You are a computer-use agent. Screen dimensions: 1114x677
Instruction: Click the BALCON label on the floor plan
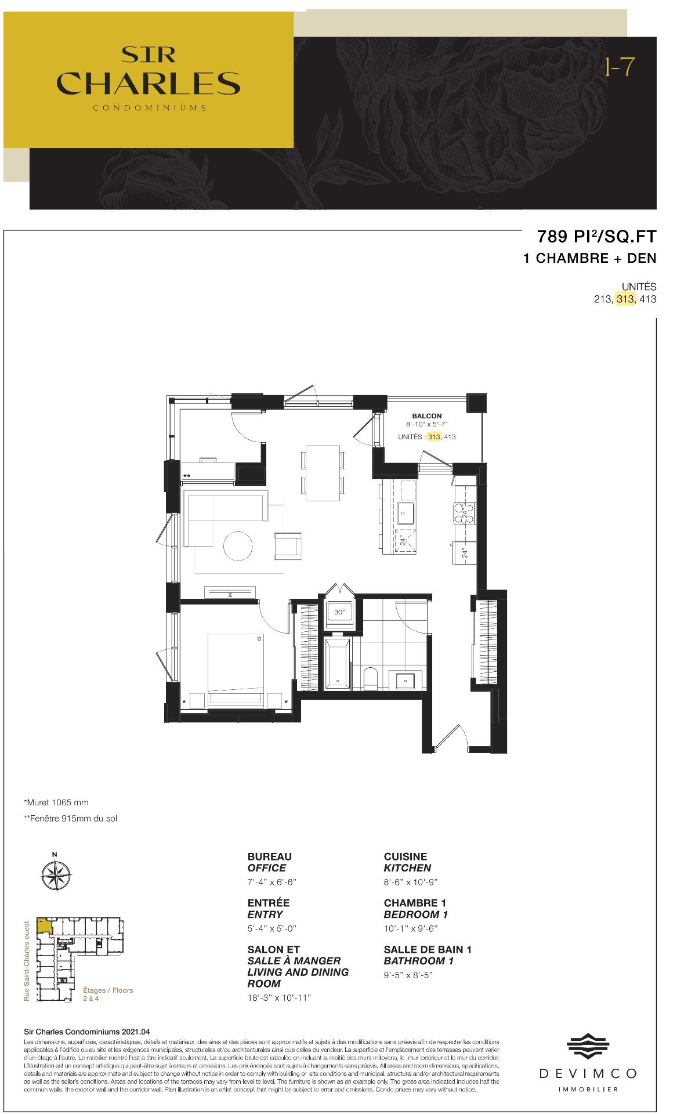point(426,415)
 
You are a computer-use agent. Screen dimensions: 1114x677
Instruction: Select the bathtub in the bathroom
point(337,664)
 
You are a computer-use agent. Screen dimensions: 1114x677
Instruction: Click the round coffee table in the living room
point(238,546)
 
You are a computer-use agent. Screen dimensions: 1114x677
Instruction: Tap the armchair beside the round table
point(288,545)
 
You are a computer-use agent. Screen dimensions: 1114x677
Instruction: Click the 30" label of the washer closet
point(339,612)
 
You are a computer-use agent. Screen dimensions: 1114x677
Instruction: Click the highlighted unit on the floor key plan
point(44,925)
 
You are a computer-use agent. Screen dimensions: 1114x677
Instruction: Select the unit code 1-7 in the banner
point(619,68)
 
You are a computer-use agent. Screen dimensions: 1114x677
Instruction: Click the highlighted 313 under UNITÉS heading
point(625,299)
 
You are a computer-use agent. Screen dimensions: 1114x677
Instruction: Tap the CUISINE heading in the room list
point(405,856)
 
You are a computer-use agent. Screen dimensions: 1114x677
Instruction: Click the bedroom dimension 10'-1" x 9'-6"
point(410,928)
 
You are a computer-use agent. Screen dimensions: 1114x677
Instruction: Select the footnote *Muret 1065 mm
point(56,802)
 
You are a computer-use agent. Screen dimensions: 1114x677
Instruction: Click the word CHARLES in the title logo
point(149,84)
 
